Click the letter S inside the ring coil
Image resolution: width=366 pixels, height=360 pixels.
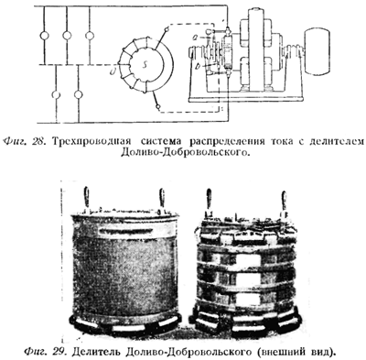click(145, 65)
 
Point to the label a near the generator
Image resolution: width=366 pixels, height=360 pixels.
click(197, 38)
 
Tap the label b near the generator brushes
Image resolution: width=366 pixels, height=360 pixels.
click(198, 66)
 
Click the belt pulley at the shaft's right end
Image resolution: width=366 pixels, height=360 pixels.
click(318, 51)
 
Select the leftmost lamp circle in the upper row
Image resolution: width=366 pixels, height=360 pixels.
click(45, 36)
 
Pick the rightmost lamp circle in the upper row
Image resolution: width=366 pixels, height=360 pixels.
click(90, 36)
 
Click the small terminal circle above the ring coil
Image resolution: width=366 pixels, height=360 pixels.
click(167, 30)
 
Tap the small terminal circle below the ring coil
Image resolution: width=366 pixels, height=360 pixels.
click(158, 107)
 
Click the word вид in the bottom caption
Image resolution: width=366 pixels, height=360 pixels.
click(326, 352)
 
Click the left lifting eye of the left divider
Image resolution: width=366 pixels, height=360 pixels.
click(87, 200)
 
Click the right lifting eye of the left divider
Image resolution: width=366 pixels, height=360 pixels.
click(162, 200)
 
